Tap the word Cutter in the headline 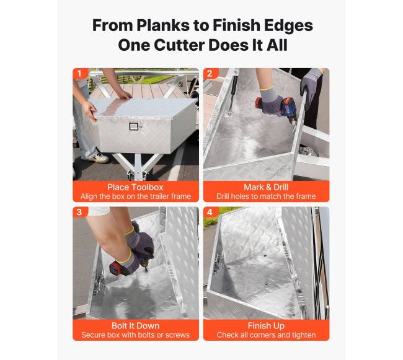pyautogui.click(x=179, y=45)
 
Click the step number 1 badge pyautogui.click(x=79, y=74)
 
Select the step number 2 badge pyautogui.click(x=210, y=74)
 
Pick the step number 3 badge pyautogui.click(x=79, y=212)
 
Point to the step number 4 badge pyautogui.click(x=210, y=212)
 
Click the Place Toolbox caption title pyautogui.click(x=135, y=187)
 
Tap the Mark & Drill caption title pyautogui.click(x=266, y=187)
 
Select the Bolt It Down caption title pyautogui.click(x=135, y=326)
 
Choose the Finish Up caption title pyautogui.click(x=266, y=326)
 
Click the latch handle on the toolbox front pyautogui.click(x=134, y=127)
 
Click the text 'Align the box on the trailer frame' pyautogui.click(x=135, y=196)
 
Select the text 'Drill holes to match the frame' pyautogui.click(x=266, y=196)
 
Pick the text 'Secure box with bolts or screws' pyautogui.click(x=135, y=335)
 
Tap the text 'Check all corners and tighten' pyautogui.click(x=266, y=335)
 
